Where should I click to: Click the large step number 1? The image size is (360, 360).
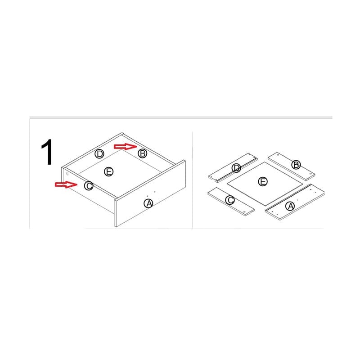[x=47, y=152]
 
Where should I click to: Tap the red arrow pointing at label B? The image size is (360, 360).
[x=126, y=147]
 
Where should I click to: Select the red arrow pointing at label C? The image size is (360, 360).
[x=66, y=184]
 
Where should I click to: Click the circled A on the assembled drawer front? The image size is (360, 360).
[x=148, y=203]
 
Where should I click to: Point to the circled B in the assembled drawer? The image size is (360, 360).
[x=142, y=153]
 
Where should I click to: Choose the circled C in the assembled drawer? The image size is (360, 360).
[x=89, y=186]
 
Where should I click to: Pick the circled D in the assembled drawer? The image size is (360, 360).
[x=99, y=154]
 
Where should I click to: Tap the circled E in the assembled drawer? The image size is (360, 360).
[x=109, y=171]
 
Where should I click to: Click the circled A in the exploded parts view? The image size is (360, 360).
[x=290, y=206]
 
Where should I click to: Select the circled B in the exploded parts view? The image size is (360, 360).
[x=296, y=165]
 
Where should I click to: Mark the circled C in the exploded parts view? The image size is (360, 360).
[x=230, y=200]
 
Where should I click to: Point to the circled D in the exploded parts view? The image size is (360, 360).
[x=236, y=168]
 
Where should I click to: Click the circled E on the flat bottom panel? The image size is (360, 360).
[x=263, y=182]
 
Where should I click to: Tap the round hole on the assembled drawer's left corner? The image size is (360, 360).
[x=67, y=174]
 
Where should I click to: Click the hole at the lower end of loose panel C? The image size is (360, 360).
[x=244, y=211]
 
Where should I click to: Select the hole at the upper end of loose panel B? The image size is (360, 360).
[x=278, y=155]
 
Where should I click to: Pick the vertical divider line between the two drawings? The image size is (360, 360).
[x=193, y=180]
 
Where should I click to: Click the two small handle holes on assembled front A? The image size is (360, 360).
[x=151, y=194]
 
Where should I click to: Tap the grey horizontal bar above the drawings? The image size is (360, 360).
[x=181, y=117]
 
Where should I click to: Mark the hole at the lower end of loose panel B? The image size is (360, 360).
[x=310, y=174]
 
